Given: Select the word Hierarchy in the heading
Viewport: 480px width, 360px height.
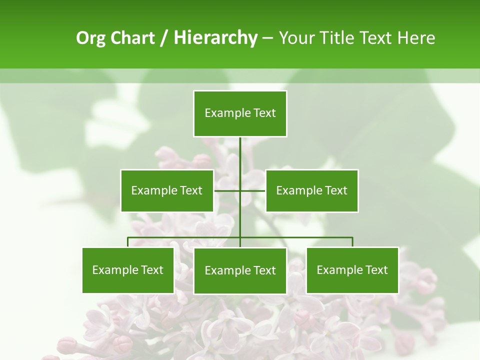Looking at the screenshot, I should click(x=215, y=38).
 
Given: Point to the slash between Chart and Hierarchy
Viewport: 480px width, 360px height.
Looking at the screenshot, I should click(x=164, y=38).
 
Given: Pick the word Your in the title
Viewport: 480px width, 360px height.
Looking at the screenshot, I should click(x=296, y=38).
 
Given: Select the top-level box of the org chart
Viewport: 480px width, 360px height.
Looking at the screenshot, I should click(x=240, y=113).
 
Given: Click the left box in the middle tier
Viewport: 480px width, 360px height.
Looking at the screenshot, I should click(x=167, y=190).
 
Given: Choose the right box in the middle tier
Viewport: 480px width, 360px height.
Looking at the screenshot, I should click(x=312, y=190).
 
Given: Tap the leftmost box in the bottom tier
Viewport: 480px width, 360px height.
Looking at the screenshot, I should click(x=128, y=270).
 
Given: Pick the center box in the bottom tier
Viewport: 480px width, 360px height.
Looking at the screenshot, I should click(x=240, y=270).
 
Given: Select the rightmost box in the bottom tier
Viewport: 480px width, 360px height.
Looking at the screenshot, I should click(x=352, y=270).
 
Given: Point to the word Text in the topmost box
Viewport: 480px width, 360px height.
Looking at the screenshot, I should click(x=264, y=113).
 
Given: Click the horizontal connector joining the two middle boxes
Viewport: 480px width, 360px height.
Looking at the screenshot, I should click(x=252, y=190).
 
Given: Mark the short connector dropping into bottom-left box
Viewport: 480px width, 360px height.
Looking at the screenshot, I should click(x=128, y=242).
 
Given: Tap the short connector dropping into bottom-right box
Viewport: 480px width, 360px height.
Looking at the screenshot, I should click(x=352, y=242).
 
